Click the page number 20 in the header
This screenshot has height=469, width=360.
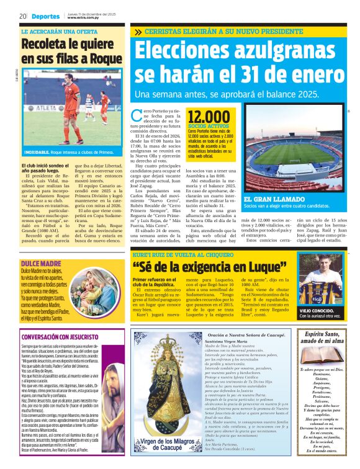(x=22, y=16)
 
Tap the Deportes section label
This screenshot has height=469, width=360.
(x=47, y=16)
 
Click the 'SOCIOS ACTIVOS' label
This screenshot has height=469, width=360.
(x=207, y=126)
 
